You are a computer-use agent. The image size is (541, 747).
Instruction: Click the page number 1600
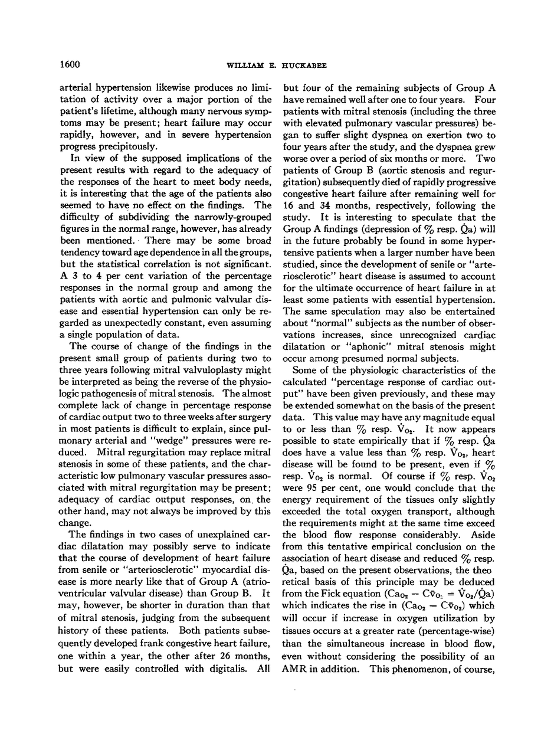(x=70, y=63)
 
